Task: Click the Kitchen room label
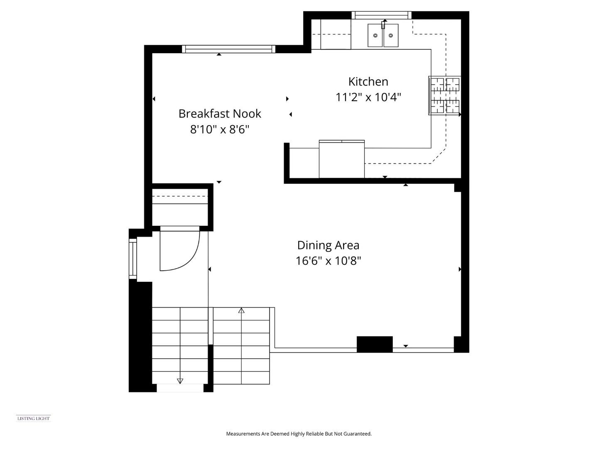point(368,81)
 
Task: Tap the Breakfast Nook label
point(220,113)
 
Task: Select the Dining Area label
point(328,245)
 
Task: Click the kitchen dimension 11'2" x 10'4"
point(368,97)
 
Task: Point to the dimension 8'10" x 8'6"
point(220,129)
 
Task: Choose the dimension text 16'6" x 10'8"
point(328,261)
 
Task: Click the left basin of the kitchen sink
point(375,35)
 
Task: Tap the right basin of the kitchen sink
point(391,35)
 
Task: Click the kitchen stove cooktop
point(444,96)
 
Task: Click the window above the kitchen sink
point(381,15)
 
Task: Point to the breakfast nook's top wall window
point(228,49)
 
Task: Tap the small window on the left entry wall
point(132,259)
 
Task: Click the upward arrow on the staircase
point(241,310)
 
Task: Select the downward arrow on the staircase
point(180,381)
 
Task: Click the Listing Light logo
point(34,419)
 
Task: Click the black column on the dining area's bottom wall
point(375,344)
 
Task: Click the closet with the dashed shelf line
point(180,207)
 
